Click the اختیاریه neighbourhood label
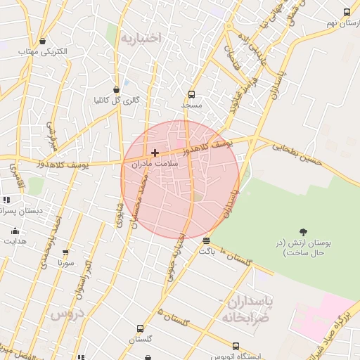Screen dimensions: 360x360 click(141, 37)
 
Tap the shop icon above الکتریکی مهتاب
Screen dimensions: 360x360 click(43, 41)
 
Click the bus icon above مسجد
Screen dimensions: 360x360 click(191, 94)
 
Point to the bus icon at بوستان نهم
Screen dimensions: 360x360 click(347, 13)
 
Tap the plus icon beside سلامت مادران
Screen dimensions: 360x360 click(155, 153)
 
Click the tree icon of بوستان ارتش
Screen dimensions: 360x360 click(303, 232)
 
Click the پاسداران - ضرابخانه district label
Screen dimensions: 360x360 click(247, 308)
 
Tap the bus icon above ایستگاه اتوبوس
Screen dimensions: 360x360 click(236, 346)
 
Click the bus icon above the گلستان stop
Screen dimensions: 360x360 click(140, 328)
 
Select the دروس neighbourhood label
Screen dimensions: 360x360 click(66, 314)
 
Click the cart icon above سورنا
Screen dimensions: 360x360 click(65, 252)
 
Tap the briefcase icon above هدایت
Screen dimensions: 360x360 click(15, 231)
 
